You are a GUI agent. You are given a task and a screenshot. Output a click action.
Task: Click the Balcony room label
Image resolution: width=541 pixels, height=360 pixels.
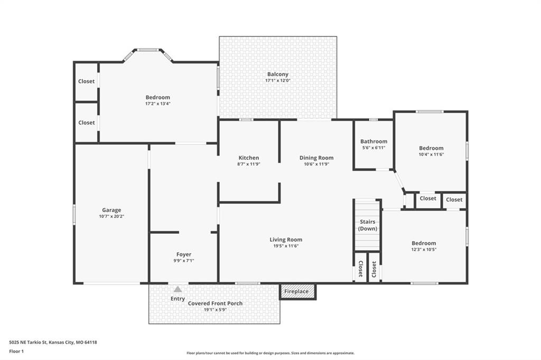click(278, 74)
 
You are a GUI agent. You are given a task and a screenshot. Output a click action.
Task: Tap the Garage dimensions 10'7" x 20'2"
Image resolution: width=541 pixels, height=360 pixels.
click(111, 216)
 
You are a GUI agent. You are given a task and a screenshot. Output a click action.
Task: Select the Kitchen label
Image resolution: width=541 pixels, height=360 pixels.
click(249, 158)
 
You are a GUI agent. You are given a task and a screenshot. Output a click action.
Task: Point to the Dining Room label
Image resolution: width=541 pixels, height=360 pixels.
click(316, 158)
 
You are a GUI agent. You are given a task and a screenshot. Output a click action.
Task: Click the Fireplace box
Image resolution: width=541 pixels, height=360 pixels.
click(297, 292)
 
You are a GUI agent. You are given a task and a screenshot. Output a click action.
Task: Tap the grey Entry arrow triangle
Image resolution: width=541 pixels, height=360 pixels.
click(178, 289)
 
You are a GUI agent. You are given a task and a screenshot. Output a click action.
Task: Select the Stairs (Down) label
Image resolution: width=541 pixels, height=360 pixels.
click(368, 225)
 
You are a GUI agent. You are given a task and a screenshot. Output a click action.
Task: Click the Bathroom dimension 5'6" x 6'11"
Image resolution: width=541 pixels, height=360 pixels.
click(374, 148)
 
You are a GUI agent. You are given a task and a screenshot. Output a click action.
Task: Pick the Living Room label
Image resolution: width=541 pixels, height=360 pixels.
click(286, 240)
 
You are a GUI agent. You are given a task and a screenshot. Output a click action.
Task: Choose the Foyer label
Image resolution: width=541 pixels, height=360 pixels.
click(183, 254)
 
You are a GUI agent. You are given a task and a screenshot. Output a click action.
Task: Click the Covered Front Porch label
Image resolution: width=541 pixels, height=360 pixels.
click(216, 304)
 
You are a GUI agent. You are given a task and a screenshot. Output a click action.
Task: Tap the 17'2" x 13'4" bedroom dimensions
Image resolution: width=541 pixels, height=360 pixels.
click(157, 103)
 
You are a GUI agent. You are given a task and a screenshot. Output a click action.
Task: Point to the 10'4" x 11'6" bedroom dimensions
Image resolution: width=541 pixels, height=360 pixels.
click(431, 155)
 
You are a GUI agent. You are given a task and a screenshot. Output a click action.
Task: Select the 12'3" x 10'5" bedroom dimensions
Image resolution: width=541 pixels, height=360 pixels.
click(424, 249)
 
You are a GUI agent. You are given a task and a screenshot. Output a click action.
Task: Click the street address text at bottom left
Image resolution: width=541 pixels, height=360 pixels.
click(53, 343)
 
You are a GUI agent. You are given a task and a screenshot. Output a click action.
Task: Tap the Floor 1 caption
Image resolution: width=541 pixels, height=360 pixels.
click(16, 352)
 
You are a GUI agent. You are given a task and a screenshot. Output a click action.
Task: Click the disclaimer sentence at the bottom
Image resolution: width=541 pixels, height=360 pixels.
click(270, 353)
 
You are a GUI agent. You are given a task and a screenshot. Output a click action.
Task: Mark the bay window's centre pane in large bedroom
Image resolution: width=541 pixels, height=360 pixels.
click(148, 50)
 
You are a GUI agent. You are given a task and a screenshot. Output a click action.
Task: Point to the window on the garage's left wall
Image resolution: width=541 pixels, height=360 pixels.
click(74, 215)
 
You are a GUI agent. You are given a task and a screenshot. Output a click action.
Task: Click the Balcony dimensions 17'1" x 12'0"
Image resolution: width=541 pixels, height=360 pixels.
click(278, 80)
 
